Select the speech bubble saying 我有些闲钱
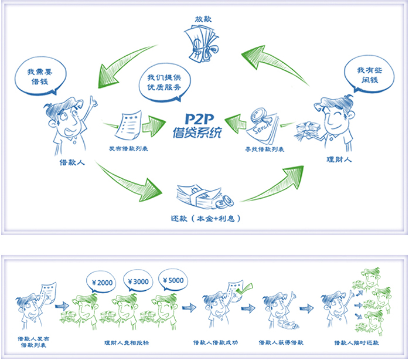click(368, 76)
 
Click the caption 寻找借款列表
click(263, 150)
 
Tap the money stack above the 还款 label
click(202, 196)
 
